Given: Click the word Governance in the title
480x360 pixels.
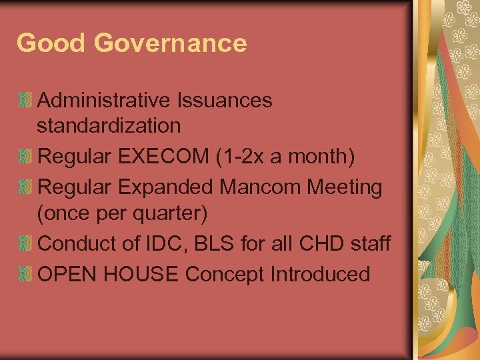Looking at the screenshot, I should [171, 43].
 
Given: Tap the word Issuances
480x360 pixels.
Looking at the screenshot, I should [225, 101].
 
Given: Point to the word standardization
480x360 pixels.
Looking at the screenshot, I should [109, 125].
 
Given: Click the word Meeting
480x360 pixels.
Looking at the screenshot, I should [345, 189].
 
